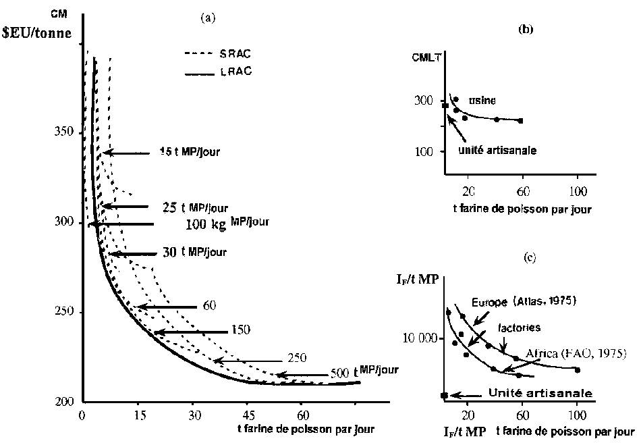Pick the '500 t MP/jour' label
coord(364,371)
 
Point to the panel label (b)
coord(524,29)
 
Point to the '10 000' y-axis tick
coord(420,338)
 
